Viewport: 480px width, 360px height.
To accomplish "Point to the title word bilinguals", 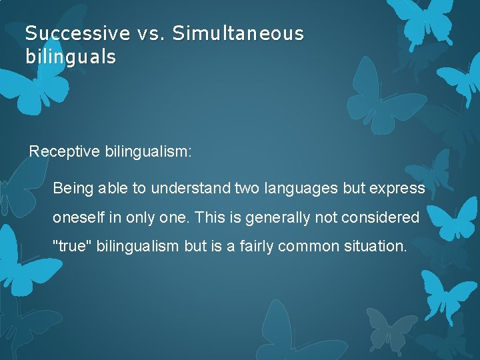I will (70, 57).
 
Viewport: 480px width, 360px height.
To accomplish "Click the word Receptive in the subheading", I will (65, 152).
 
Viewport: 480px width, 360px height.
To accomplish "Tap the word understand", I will (191, 189).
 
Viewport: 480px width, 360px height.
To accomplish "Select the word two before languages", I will (249, 189).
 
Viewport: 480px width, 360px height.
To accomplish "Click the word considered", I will (381, 217).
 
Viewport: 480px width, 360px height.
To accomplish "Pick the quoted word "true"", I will (72, 246).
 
